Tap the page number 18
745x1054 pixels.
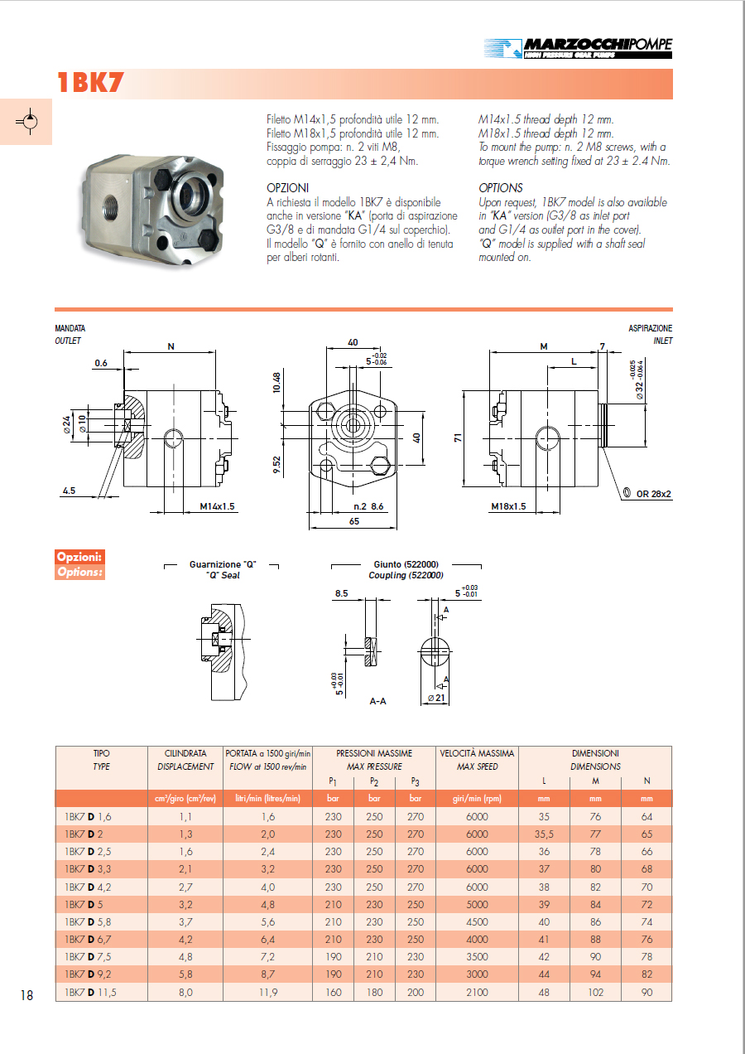pos(26,995)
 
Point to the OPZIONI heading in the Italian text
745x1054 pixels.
pos(287,188)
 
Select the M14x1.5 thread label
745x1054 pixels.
pos(217,506)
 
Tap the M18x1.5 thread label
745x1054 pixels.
pos(508,506)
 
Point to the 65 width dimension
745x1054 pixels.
pos(353,522)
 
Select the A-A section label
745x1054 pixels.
pos(377,701)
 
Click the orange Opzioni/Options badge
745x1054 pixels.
pos(79,563)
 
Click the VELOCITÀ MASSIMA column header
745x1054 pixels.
pos(477,759)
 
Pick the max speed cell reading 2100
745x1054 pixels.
pos(477,992)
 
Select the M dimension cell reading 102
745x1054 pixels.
pos(595,992)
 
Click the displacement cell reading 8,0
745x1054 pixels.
pos(186,992)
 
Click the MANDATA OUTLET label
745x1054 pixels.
pos(70,334)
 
